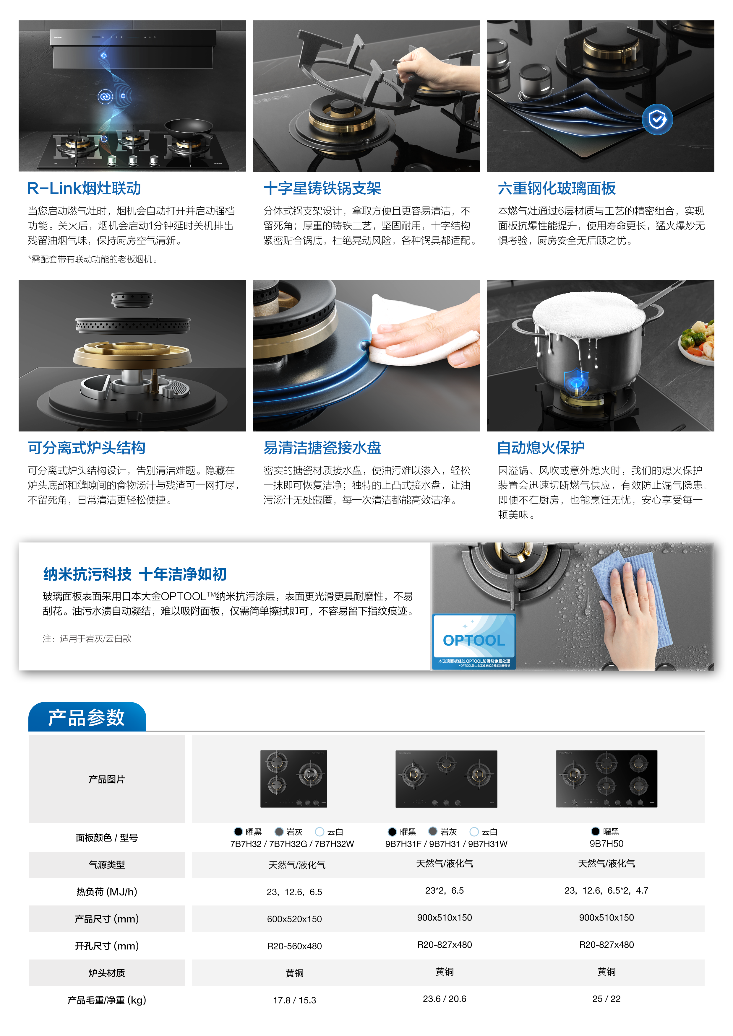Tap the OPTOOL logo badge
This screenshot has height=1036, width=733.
coord(474,641)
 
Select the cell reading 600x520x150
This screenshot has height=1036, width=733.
coord(294,919)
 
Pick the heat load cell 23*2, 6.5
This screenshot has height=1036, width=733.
coord(445,890)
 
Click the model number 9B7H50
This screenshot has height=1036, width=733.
coord(606,843)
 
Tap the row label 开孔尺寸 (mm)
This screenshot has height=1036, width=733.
coord(107,946)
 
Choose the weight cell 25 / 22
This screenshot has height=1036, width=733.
coord(606,998)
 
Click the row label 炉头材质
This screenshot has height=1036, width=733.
coord(107,973)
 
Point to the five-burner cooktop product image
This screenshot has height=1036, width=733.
coord(606,778)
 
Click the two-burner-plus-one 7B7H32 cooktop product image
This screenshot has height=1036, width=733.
coord(293,778)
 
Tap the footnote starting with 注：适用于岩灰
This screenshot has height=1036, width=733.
coord(87,638)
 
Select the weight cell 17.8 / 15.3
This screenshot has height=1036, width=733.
coord(294,1000)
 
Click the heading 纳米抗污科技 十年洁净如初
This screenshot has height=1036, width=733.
coord(134,574)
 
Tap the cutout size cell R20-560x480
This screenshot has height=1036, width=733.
coord(294,946)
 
